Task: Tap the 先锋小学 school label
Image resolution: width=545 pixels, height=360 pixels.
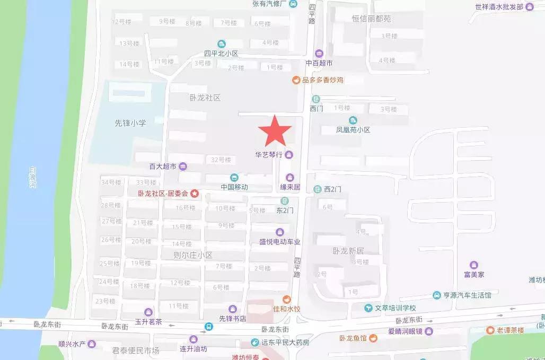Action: point(130,122)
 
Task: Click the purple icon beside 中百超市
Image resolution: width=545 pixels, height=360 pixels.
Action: point(319,53)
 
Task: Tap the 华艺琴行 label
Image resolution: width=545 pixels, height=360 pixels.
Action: point(269,155)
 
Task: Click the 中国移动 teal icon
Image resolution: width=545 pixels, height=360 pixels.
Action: point(234,178)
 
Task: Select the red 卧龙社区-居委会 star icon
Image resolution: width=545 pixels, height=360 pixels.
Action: point(195,194)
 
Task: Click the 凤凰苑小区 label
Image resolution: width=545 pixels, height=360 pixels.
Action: point(353,130)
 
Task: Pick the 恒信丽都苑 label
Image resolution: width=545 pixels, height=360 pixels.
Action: point(371,19)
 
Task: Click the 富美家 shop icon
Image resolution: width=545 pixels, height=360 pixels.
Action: point(473,265)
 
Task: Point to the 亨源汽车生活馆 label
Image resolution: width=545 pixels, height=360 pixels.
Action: point(467,295)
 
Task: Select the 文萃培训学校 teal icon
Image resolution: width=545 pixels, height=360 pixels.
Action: point(368,308)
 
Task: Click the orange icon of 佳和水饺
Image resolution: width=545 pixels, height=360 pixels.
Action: point(286,300)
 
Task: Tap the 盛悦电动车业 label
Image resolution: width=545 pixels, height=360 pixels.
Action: point(279,242)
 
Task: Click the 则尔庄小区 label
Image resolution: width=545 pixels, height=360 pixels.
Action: point(192,255)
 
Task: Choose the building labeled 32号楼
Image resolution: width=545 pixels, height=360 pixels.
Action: point(221,160)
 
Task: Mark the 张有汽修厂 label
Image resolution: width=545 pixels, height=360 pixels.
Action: point(269,4)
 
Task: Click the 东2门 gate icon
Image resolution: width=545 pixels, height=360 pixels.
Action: point(285,200)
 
